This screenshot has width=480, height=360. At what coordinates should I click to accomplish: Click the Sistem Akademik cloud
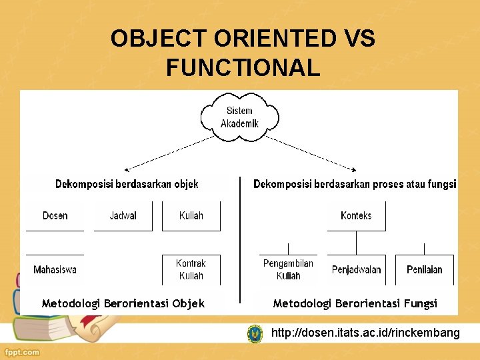(x=239, y=117)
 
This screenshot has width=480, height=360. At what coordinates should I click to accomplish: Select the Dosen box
(x=55, y=215)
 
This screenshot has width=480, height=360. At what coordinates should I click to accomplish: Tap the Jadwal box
(x=123, y=215)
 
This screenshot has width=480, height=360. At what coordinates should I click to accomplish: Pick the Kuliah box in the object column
(x=191, y=215)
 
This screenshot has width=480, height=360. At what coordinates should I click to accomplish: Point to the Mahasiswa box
(x=55, y=270)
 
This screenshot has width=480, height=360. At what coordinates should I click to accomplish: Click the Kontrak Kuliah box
(x=191, y=269)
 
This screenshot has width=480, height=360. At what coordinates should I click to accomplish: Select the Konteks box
(x=356, y=215)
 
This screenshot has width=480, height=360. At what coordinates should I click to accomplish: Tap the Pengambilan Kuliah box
(x=288, y=269)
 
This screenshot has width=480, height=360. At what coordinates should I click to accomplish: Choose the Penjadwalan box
(x=357, y=270)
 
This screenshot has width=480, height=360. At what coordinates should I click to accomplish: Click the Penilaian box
(x=425, y=270)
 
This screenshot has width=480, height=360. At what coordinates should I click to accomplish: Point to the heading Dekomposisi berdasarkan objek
(x=127, y=184)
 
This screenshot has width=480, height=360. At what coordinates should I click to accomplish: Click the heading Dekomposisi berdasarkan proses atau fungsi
(x=355, y=184)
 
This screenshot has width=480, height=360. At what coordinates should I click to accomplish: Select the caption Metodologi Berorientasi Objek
(x=123, y=303)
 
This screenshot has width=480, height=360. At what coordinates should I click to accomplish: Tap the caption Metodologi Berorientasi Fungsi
(x=355, y=303)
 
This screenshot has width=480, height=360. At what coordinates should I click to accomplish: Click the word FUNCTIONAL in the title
(x=243, y=67)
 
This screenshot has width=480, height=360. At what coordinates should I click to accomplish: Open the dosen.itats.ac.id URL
(x=365, y=333)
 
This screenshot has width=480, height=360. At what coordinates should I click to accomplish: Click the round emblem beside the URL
(x=255, y=333)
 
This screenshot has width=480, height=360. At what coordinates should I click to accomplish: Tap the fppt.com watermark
(x=21, y=352)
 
